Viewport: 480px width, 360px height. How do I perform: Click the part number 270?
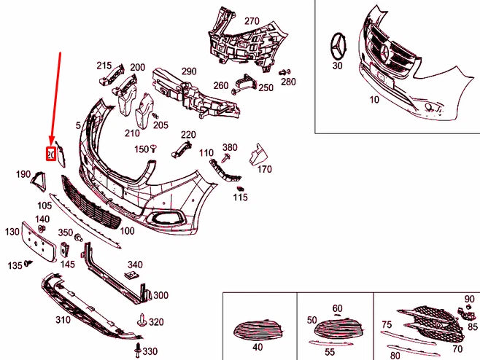click(252, 20)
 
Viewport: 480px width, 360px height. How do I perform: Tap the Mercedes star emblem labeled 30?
click(338, 47)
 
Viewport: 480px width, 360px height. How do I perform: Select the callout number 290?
click(189, 71)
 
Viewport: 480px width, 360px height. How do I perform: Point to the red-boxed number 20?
click(51, 154)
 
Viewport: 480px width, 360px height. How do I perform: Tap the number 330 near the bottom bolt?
click(150, 351)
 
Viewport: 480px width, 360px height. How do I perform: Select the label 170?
click(264, 169)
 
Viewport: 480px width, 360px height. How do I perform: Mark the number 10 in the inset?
click(374, 99)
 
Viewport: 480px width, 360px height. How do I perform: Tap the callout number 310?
click(63, 319)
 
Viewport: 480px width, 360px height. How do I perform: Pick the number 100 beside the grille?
click(127, 230)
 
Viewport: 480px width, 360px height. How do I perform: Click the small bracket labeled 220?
click(179, 149)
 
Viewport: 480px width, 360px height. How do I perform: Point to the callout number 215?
click(104, 66)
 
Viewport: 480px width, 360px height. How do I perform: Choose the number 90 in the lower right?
click(469, 299)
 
